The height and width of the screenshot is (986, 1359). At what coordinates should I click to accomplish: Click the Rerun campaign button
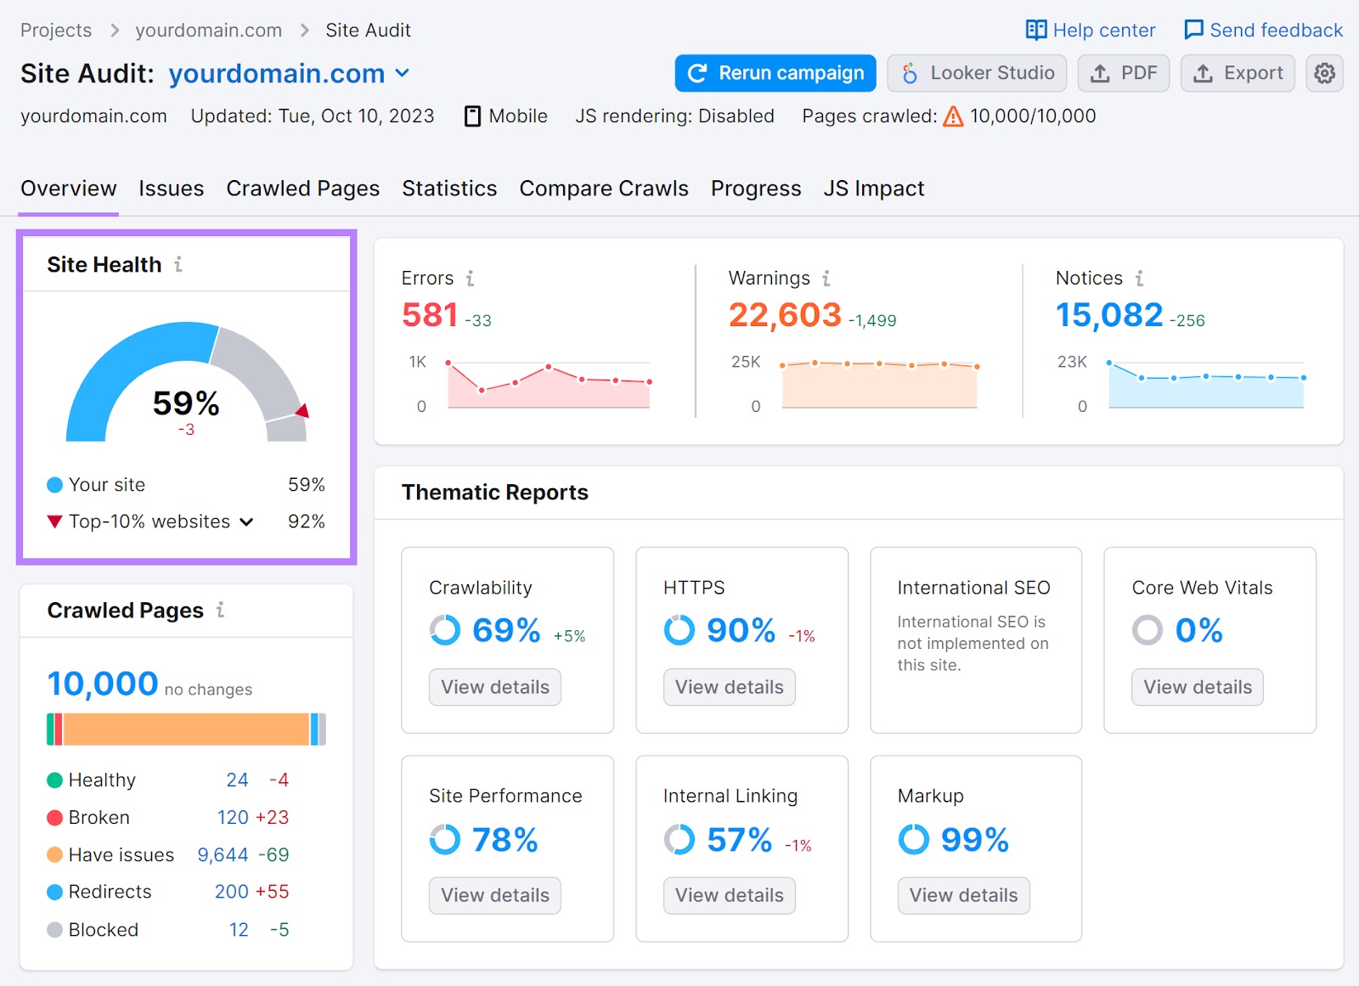[775, 73]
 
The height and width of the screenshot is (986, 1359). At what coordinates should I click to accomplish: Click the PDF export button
[1123, 73]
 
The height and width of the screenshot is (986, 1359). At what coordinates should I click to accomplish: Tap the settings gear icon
[1323, 74]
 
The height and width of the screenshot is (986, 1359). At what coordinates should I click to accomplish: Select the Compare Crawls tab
[603, 189]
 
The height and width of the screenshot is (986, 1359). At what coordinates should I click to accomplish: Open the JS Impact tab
[873, 189]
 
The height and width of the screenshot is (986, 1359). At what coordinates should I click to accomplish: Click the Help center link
[1091, 31]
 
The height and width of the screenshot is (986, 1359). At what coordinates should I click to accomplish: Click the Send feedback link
[1263, 31]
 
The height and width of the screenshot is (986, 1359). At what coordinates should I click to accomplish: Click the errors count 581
[430, 315]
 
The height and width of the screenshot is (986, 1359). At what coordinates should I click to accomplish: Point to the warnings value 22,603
[784, 315]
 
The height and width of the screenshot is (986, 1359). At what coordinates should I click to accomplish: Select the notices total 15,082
[1108, 315]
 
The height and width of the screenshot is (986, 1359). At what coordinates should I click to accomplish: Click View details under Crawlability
[495, 687]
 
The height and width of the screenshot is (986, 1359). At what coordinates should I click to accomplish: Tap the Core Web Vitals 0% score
[1198, 630]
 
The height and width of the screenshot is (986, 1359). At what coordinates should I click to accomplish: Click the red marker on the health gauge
[302, 411]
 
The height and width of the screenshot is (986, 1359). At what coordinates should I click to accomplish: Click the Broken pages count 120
[233, 817]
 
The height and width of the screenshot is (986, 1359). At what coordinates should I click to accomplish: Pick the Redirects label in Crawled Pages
[110, 892]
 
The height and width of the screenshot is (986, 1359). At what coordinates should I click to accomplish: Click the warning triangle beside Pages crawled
[954, 116]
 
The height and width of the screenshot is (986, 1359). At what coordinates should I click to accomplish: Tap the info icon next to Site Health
[178, 264]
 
